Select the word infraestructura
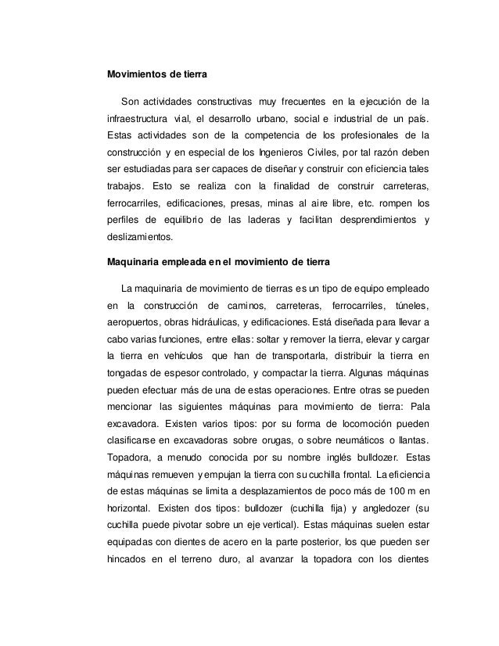(x=136, y=120)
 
